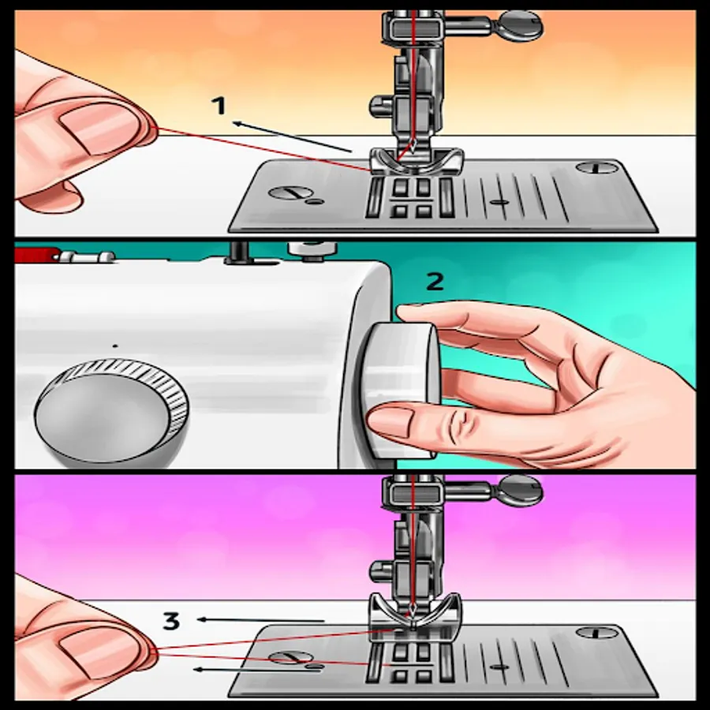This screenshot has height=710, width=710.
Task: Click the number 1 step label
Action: (x=219, y=106)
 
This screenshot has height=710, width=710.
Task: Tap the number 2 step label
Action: (x=435, y=282)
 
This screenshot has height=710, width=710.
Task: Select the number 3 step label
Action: (x=171, y=621)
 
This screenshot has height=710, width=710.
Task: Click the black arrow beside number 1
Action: (x=293, y=136)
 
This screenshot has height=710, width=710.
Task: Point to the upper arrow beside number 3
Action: (x=260, y=620)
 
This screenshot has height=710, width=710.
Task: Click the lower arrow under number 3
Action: (x=256, y=669)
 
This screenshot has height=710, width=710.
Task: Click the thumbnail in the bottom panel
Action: (x=97, y=653)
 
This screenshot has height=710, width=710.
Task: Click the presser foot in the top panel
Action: (x=417, y=161)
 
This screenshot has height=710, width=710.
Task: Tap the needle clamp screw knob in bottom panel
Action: (x=520, y=489)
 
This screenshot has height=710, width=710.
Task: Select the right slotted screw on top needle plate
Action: (x=597, y=168)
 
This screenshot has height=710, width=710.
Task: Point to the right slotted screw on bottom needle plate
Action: (x=598, y=633)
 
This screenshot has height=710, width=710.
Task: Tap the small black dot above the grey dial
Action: (x=115, y=346)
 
